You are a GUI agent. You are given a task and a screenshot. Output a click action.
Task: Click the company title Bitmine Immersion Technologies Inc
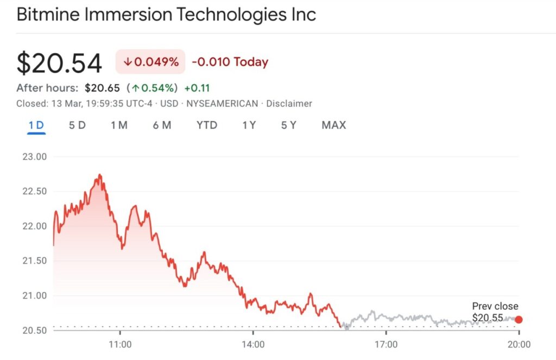point(166,14)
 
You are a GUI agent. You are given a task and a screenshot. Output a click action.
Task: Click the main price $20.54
point(59,63)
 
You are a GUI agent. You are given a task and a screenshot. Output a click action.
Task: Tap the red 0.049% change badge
point(150,62)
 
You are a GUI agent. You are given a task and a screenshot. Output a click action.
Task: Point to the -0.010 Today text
point(230,62)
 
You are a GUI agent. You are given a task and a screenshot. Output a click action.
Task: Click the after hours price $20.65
point(103,88)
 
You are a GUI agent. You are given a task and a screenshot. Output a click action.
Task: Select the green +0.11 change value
point(197,88)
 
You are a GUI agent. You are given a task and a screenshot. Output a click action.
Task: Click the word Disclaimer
point(289,103)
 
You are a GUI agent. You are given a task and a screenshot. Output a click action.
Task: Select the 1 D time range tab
point(36,125)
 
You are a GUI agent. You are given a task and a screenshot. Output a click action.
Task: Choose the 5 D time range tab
point(77,125)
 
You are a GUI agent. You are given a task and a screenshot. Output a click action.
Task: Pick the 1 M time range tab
point(119,125)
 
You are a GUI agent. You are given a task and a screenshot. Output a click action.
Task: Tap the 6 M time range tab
point(162,125)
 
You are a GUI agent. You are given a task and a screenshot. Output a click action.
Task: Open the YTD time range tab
point(207,125)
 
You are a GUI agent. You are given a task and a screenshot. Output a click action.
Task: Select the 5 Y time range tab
point(288,125)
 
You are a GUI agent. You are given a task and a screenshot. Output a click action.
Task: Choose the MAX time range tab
point(333,125)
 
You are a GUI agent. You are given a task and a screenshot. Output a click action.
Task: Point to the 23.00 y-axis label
point(34,157)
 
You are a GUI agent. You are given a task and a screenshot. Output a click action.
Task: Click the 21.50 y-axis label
point(34,261)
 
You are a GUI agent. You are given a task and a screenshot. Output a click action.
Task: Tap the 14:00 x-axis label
point(253,344)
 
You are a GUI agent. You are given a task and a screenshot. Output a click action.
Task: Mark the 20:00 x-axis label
point(519,344)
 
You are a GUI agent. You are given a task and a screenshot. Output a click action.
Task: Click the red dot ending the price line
point(519,319)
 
